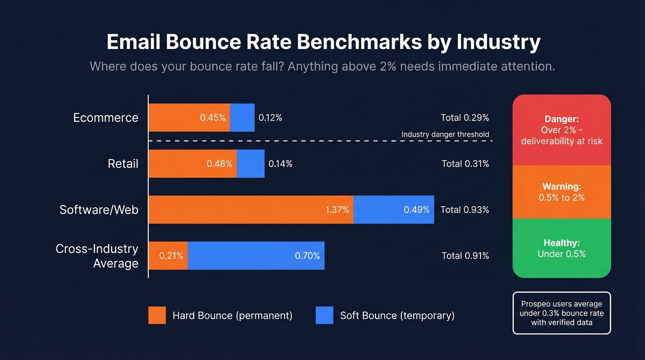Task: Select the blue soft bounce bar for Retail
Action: (x=251, y=164)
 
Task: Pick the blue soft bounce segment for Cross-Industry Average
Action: (x=256, y=256)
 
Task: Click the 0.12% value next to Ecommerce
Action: (x=270, y=118)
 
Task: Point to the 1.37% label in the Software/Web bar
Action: (x=337, y=210)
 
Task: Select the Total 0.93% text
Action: (x=464, y=210)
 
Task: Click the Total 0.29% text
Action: (x=464, y=118)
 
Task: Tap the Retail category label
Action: (x=123, y=164)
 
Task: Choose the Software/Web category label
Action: (x=99, y=210)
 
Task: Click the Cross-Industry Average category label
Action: (x=97, y=256)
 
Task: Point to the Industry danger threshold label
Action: (x=445, y=135)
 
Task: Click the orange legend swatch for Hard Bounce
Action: (x=157, y=315)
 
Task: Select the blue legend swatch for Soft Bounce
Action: (x=324, y=315)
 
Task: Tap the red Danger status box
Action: (x=562, y=130)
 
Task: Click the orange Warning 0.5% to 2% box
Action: (x=562, y=192)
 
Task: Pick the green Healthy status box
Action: (x=562, y=248)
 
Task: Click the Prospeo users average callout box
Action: (x=562, y=313)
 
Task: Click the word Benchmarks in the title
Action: (x=359, y=42)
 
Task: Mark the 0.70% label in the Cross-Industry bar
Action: (x=307, y=256)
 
